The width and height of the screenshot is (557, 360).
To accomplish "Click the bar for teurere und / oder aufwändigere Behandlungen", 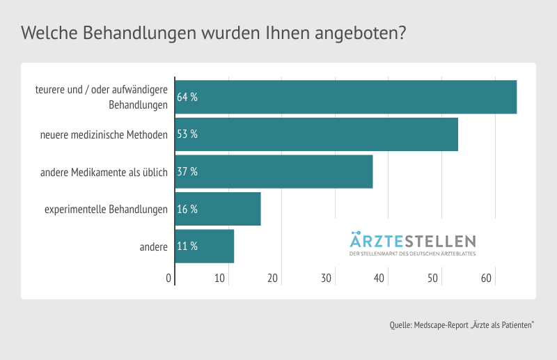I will [345, 97].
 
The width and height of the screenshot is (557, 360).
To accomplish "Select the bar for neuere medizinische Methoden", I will [316, 134].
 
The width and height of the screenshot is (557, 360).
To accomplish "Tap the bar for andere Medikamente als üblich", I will [274, 171].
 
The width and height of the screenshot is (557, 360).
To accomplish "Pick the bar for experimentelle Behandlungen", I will [218, 209].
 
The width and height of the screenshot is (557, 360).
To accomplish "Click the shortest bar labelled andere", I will [205, 246].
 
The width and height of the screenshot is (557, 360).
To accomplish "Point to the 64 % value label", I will [187, 97].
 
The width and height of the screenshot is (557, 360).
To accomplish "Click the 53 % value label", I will [187, 134].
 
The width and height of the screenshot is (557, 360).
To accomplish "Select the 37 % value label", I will [187, 172].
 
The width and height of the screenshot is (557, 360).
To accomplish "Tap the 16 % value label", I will [187, 209].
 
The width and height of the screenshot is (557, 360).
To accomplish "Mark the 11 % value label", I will [187, 246].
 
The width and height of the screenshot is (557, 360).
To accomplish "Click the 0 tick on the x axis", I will [168, 279].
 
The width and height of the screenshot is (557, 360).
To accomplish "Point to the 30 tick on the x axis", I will [327, 279].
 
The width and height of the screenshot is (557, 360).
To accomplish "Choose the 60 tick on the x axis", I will [486, 279].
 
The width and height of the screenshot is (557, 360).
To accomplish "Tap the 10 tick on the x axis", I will [220, 279].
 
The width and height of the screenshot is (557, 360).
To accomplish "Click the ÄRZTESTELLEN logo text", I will [412, 241].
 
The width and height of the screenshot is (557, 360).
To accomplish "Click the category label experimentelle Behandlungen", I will [106, 209].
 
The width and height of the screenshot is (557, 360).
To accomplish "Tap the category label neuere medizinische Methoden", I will [104, 134].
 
